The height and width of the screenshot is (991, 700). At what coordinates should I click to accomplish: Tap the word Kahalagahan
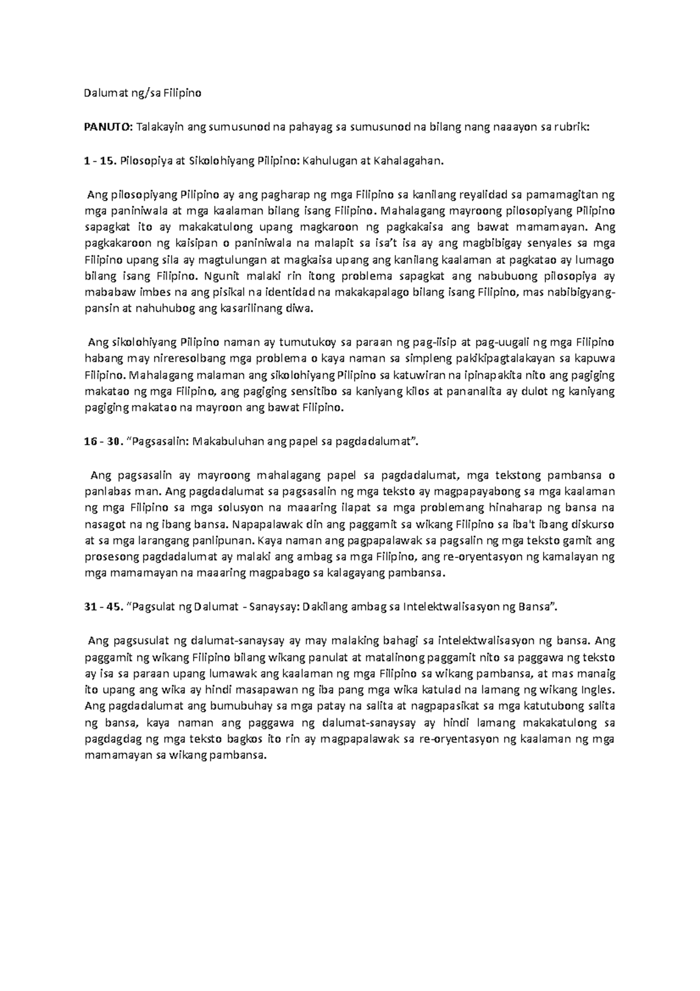point(411,161)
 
